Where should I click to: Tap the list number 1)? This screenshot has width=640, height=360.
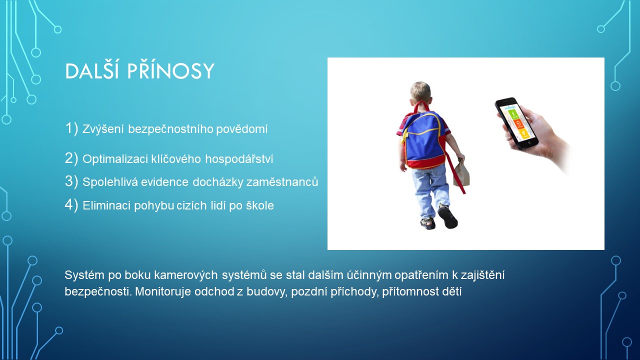tap(71, 128)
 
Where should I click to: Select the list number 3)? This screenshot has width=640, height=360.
tap(71, 181)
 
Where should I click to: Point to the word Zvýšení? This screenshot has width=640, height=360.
tap(103, 129)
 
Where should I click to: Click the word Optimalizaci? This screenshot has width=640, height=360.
tap(115, 159)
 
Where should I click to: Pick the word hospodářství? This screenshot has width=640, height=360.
tap(239, 159)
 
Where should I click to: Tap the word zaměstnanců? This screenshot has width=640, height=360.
tap(282, 182)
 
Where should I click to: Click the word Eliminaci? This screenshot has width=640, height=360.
tap(106, 205)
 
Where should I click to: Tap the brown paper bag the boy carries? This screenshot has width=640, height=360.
tap(461, 173)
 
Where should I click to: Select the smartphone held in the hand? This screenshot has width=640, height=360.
tap(516, 123)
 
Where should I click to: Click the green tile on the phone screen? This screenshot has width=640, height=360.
tap(513, 114)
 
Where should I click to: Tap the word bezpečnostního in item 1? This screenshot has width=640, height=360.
tap(170, 129)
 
